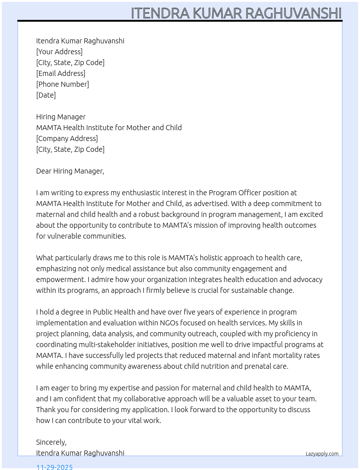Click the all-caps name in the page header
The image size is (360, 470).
(236, 13)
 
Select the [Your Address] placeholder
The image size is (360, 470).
(59, 52)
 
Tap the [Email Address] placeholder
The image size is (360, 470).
(61, 73)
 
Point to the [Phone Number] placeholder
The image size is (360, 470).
(63, 84)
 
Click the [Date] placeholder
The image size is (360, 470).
(46, 95)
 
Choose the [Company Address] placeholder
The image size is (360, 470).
(67, 138)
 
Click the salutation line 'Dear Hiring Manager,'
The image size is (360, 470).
(70, 171)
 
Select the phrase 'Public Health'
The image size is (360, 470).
(114, 312)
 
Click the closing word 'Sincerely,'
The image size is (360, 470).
(51, 442)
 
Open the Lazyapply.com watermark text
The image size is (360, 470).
(322, 454)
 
